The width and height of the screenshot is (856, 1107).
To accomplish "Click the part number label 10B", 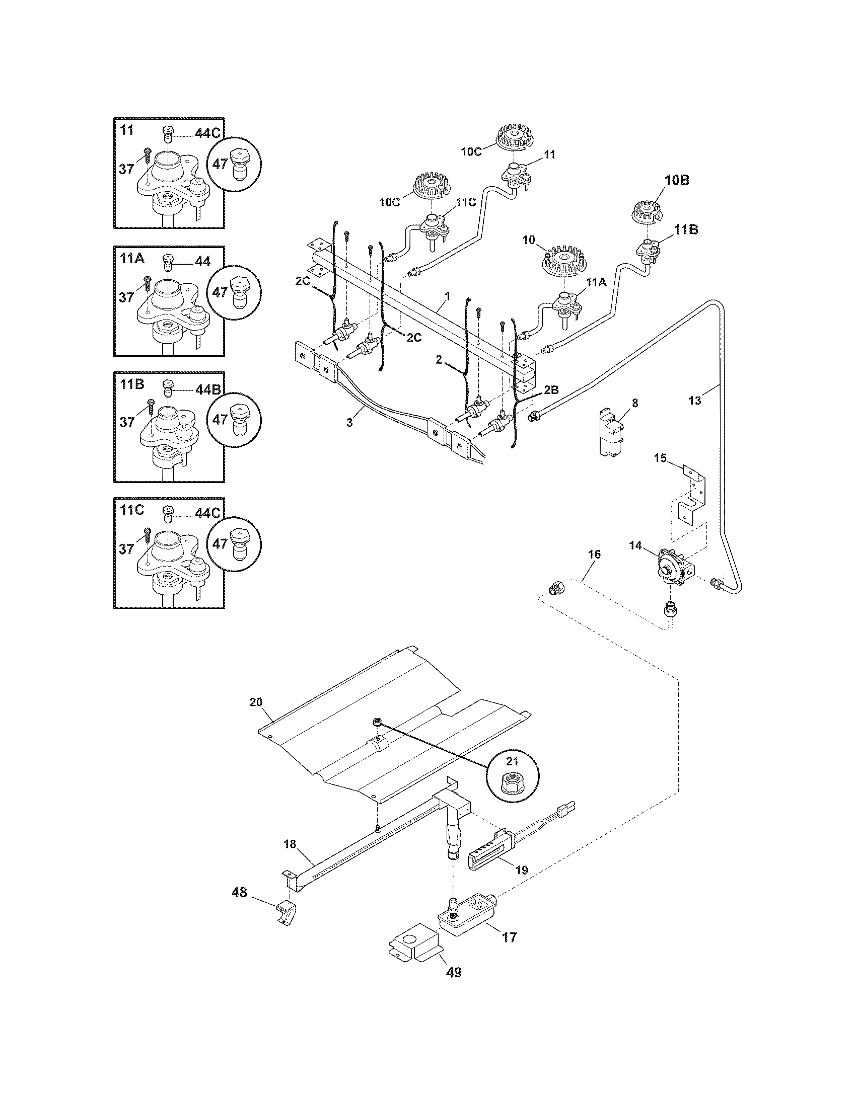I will point(677,180).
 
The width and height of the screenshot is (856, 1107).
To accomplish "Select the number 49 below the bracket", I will point(454,972).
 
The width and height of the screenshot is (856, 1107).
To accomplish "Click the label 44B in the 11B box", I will point(207,390).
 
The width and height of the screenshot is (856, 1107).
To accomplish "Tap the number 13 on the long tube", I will point(695,401).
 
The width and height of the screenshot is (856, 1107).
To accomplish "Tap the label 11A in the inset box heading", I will point(133,259).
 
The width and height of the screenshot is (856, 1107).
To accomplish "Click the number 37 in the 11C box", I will point(127,549).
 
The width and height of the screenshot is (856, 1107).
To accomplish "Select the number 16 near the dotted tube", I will point(594,554).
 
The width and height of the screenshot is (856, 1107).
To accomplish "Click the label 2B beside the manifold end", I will point(551,390).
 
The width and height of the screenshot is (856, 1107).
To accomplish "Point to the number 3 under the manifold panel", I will point(349,423).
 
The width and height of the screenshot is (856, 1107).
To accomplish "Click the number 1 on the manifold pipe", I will point(447,294).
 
